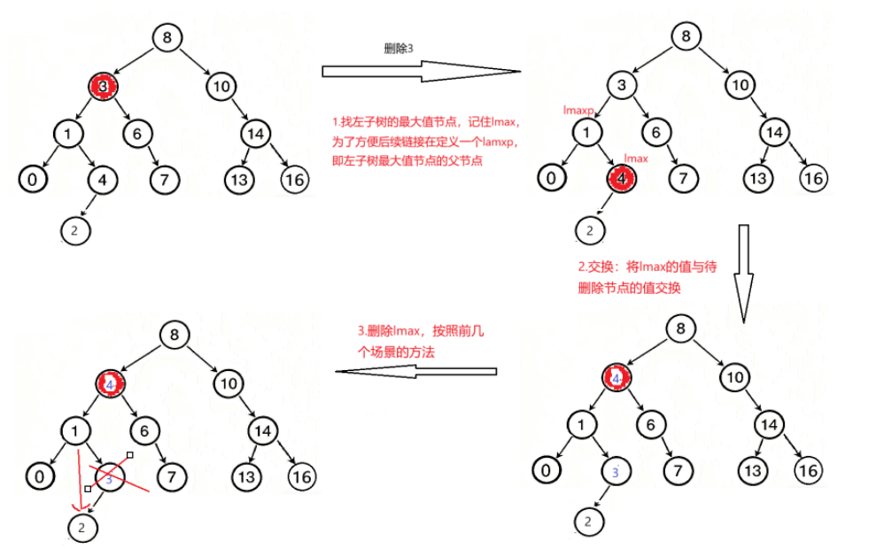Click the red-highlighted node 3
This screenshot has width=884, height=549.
[x=103, y=86]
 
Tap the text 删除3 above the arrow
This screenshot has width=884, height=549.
[x=399, y=50]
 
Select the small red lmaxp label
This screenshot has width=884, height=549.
[x=578, y=109]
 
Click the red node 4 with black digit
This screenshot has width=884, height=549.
[x=623, y=179]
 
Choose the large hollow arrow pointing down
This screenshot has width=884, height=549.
[x=743, y=263]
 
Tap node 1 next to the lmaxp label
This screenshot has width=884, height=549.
[x=585, y=133]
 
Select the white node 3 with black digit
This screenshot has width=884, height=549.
[x=623, y=86]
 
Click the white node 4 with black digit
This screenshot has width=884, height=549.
[x=103, y=180]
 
